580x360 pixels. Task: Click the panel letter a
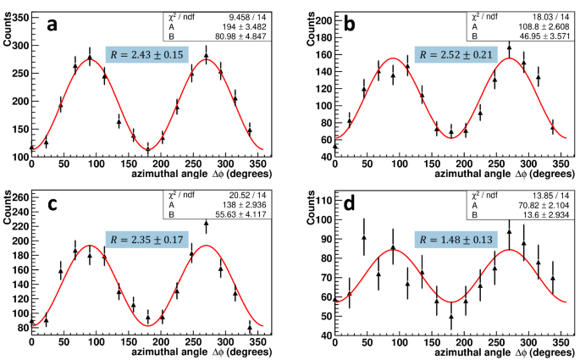(x=52, y=25)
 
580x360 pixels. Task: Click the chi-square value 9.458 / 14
(x=244, y=15)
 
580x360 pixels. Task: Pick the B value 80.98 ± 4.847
(x=244, y=37)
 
